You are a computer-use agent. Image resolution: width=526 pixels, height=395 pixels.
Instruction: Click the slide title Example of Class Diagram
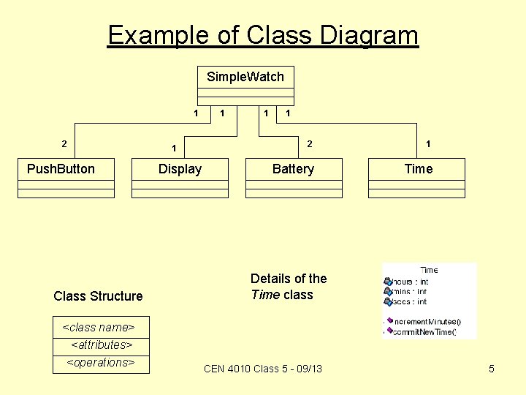263,35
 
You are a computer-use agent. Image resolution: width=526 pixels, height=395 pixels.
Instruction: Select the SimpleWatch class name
245,77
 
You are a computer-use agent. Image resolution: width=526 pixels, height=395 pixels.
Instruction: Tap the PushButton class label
61,169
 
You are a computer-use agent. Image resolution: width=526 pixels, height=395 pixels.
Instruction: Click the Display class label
180,169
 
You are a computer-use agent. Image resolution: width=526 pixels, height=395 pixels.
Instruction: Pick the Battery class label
293,169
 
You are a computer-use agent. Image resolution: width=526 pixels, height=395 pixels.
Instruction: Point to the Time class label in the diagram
419,169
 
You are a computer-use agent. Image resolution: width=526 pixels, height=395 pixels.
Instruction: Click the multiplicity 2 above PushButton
65,144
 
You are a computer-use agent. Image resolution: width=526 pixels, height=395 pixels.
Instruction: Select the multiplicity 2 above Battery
310,144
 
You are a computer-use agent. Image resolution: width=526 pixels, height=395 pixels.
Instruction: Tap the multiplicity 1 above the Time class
428,145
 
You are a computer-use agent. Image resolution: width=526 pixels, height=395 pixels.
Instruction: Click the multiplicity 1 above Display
173,148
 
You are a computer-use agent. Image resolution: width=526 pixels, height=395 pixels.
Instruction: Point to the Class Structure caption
98,296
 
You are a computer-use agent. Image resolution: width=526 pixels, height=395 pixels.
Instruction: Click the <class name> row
99,327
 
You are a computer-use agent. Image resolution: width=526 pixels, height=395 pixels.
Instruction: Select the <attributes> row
102,345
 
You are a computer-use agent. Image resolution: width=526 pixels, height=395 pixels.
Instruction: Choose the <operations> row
101,362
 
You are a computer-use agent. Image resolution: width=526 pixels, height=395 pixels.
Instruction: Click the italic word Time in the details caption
261,295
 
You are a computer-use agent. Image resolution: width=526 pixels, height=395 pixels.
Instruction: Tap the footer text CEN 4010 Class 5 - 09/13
263,369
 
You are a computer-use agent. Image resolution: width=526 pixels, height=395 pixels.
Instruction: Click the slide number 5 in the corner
492,369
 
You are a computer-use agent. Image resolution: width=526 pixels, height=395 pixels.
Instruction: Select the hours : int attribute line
409,282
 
